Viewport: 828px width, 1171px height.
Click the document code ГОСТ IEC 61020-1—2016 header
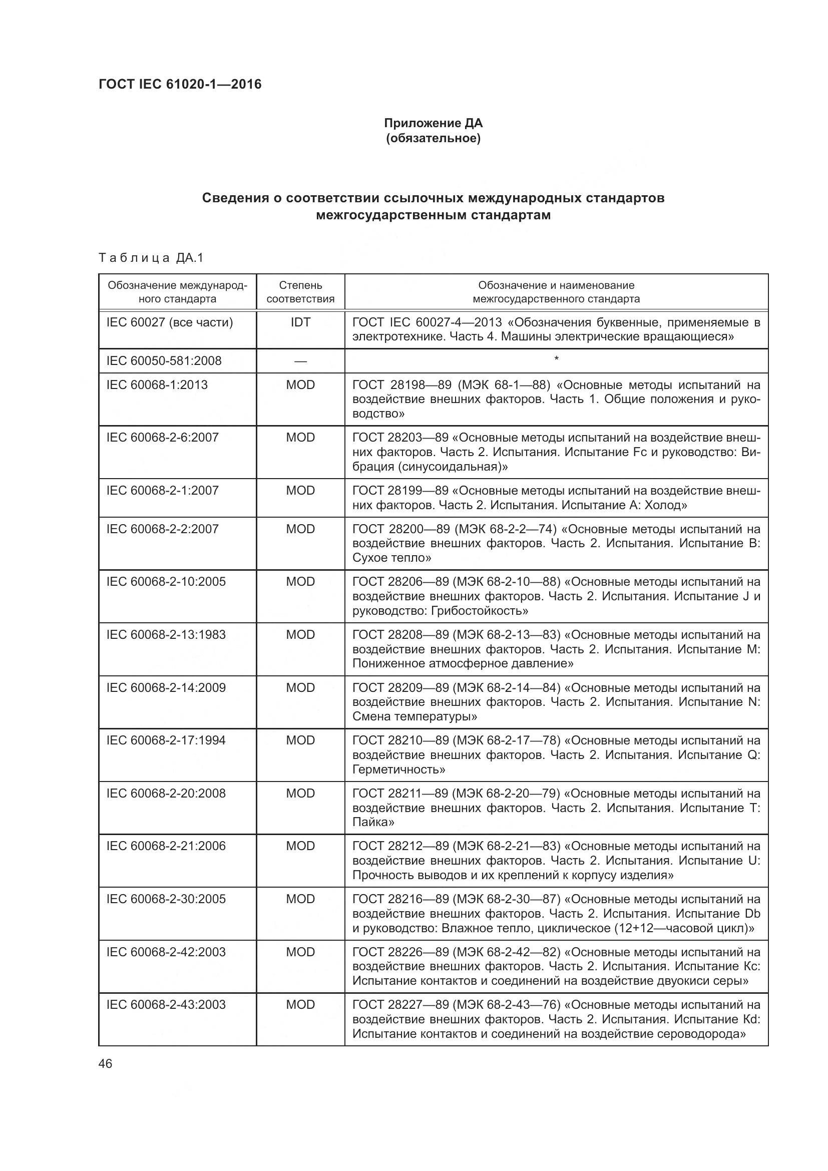tap(180, 84)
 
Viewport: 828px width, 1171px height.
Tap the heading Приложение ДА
tap(433, 123)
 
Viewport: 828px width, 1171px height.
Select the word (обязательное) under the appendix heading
tap(433, 138)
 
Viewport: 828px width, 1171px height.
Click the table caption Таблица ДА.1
tap(151, 258)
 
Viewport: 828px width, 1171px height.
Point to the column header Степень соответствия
tap(300, 292)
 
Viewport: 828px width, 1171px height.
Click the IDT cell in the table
tap(300, 322)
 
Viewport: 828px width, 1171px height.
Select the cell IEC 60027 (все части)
tap(169, 322)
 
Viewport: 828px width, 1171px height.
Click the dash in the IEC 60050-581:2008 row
tap(300, 361)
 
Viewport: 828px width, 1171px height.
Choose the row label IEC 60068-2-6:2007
tap(162, 438)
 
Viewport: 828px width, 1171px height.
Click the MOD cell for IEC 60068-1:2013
tap(300, 385)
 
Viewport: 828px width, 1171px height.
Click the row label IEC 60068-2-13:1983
tap(166, 635)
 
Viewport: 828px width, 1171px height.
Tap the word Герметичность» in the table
tap(398, 769)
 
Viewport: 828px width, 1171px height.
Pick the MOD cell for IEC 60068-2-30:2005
tap(300, 899)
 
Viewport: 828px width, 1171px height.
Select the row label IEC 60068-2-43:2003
tap(166, 1005)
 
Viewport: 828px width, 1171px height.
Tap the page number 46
tap(106, 1064)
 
